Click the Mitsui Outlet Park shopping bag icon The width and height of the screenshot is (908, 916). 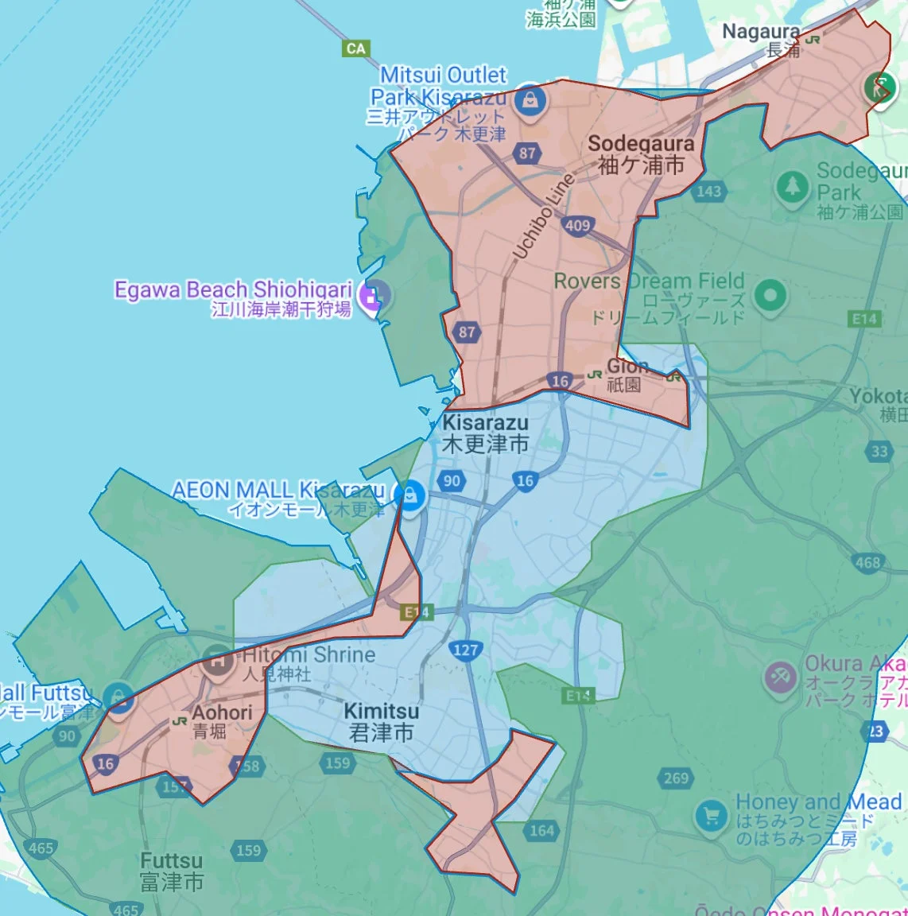tap(529, 101)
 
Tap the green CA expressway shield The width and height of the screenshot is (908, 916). tap(356, 49)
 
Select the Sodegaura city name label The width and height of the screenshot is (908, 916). tap(641, 154)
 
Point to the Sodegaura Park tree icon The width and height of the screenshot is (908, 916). tap(791, 188)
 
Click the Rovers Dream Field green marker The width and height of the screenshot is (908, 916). tap(769, 296)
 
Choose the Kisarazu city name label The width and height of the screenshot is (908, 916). tap(485, 433)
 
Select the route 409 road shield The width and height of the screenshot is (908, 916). tap(578, 225)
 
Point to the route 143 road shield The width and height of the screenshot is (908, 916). tap(708, 191)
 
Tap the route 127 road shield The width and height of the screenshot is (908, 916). tap(465, 650)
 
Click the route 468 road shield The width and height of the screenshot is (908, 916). tap(867, 563)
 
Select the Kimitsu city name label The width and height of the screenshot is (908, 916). tap(382, 721)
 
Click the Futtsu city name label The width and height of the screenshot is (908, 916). tap(172, 871)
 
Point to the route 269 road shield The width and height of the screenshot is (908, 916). tap(676, 778)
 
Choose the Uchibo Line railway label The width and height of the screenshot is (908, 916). tap(544, 216)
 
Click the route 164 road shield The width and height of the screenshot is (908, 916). tap(541, 830)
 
